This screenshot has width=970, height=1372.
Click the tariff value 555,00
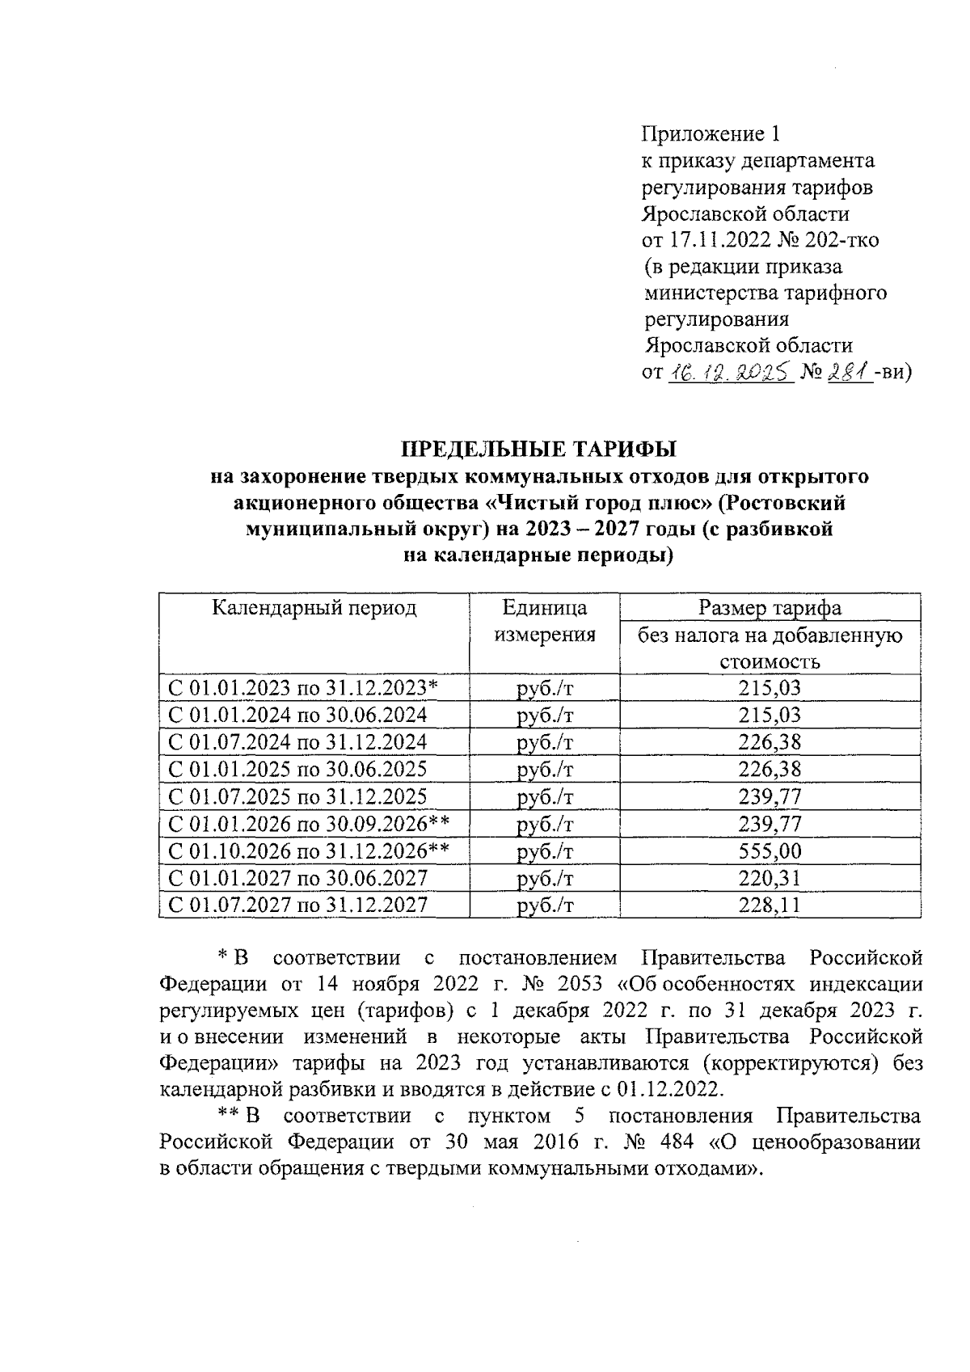(x=770, y=851)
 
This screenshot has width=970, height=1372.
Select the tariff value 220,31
(x=770, y=878)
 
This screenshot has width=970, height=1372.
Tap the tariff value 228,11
(x=770, y=905)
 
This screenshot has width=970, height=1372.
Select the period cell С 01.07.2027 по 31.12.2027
(x=297, y=905)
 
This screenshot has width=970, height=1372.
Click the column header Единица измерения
(x=544, y=621)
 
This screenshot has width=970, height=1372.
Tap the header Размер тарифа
(x=770, y=608)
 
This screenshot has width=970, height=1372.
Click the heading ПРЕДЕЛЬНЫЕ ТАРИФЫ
(x=539, y=448)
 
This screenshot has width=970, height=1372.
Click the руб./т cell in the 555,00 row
(x=544, y=851)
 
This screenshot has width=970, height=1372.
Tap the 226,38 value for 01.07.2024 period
(x=770, y=742)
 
